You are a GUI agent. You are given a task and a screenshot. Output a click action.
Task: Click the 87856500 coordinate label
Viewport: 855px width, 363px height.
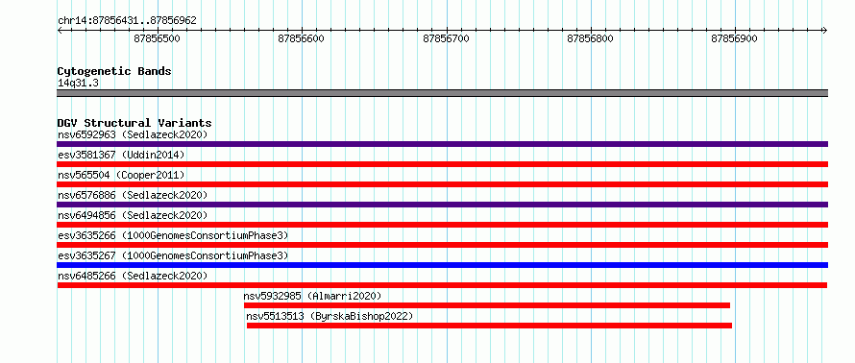pyautogui.click(x=157, y=38)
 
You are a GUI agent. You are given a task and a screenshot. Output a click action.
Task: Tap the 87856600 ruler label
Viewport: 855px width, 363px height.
pyautogui.click(x=301, y=38)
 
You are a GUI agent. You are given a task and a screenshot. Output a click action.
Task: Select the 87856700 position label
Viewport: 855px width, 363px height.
pyautogui.click(x=446, y=38)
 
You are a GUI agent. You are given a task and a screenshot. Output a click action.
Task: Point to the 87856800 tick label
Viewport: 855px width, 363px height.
pyautogui.click(x=591, y=38)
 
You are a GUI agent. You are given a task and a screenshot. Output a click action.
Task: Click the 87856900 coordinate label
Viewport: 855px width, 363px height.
pyautogui.click(x=735, y=38)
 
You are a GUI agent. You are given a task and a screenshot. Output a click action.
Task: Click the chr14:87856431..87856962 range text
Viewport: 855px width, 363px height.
pyautogui.click(x=127, y=21)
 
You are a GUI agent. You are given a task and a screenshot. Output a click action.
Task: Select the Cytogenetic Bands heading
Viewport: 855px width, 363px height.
pyautogui.click(x=114, y=71)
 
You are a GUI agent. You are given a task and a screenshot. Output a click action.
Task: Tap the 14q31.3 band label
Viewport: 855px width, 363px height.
pyautogui.click(x=78, y=84)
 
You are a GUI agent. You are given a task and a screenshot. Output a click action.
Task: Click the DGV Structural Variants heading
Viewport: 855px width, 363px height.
pyautogui.click(x=134, y=123)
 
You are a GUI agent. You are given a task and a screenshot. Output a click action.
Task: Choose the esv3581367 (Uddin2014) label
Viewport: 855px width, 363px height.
pyautogui.click(x=121, y=155)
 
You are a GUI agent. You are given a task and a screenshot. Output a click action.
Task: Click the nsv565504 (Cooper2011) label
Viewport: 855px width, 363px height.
pyautogui.click(x=121, y=175)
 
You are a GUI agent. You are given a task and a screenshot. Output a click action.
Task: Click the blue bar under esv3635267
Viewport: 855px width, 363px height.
pyautogui.click(x=442, y=265)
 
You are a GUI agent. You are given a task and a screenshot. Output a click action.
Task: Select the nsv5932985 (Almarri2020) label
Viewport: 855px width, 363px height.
pyautogui.click(x=312, y=296)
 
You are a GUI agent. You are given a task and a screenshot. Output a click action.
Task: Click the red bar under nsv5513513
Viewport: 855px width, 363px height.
pyautogui.click(x=489, y=326)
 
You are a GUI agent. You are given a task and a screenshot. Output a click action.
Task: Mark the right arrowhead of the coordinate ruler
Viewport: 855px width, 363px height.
pyautogui.click(x=825, y=30)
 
